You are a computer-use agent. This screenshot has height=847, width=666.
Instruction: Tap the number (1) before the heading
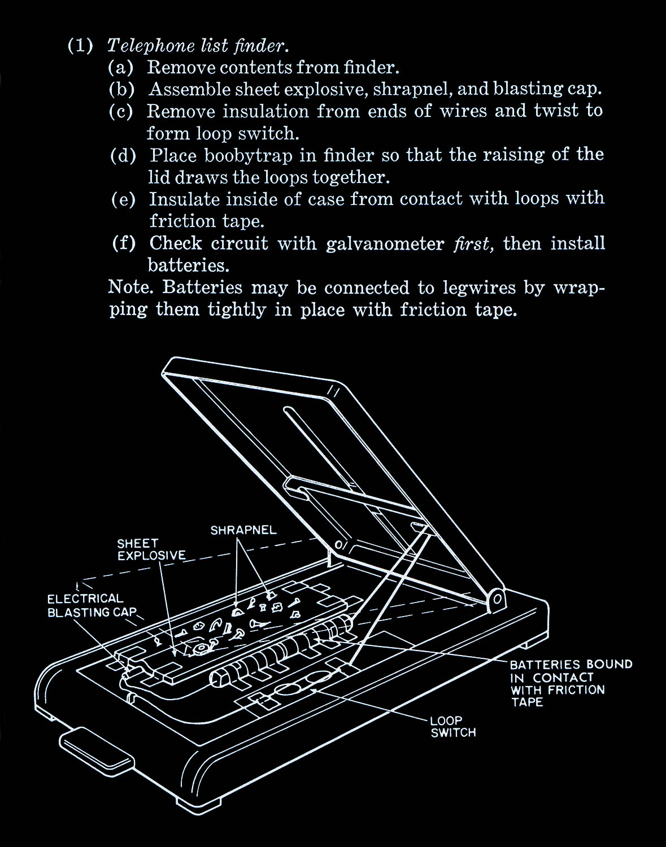click(x=80, y=45)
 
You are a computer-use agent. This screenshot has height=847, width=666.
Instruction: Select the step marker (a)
click(x=121, y=68)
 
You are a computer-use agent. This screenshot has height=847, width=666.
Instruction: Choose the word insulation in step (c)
click(x=265, y=111)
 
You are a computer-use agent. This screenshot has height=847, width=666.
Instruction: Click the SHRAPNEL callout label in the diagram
click(x=243, y=530)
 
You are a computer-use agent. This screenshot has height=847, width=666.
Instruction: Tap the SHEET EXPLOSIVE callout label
click(x=151, y=549)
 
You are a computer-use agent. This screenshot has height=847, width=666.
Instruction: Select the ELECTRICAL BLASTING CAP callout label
click(x=92, y=605)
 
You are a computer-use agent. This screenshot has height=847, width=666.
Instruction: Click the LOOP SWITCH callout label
click(x=453, y=727)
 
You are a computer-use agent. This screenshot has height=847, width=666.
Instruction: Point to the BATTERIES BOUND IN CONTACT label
click(x=571, y=683)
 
